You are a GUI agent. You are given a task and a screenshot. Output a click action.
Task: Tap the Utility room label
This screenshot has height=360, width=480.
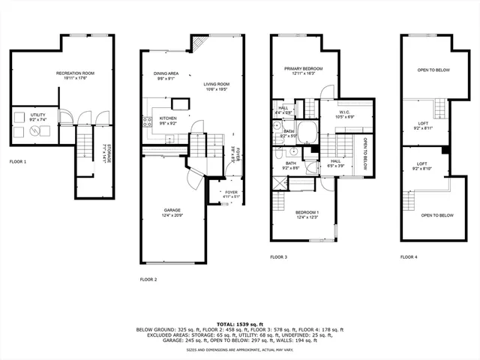pos(38,117)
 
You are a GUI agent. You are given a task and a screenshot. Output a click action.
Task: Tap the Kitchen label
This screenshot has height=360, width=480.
pos(167,121)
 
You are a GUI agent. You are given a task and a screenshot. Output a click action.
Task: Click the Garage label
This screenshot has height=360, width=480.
pos(172,212)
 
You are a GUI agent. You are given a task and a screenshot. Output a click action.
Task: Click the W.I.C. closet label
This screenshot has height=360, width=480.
pos(345,114)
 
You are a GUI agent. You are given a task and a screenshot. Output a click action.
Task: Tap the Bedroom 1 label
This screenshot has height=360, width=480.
pos(307,214)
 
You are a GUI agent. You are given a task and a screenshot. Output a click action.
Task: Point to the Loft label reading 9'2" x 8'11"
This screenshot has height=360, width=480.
pos(423,126)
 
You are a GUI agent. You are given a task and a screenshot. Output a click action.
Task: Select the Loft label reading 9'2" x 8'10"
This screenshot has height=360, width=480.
pos(423,166)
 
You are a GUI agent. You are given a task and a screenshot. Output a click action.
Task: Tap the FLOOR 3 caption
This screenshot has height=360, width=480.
pos(279,257)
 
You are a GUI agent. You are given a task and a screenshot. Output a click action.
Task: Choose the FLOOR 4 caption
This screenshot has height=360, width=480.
pos(409,257)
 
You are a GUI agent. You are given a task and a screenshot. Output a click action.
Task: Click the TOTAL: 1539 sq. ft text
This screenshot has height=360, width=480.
pos(240,323)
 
